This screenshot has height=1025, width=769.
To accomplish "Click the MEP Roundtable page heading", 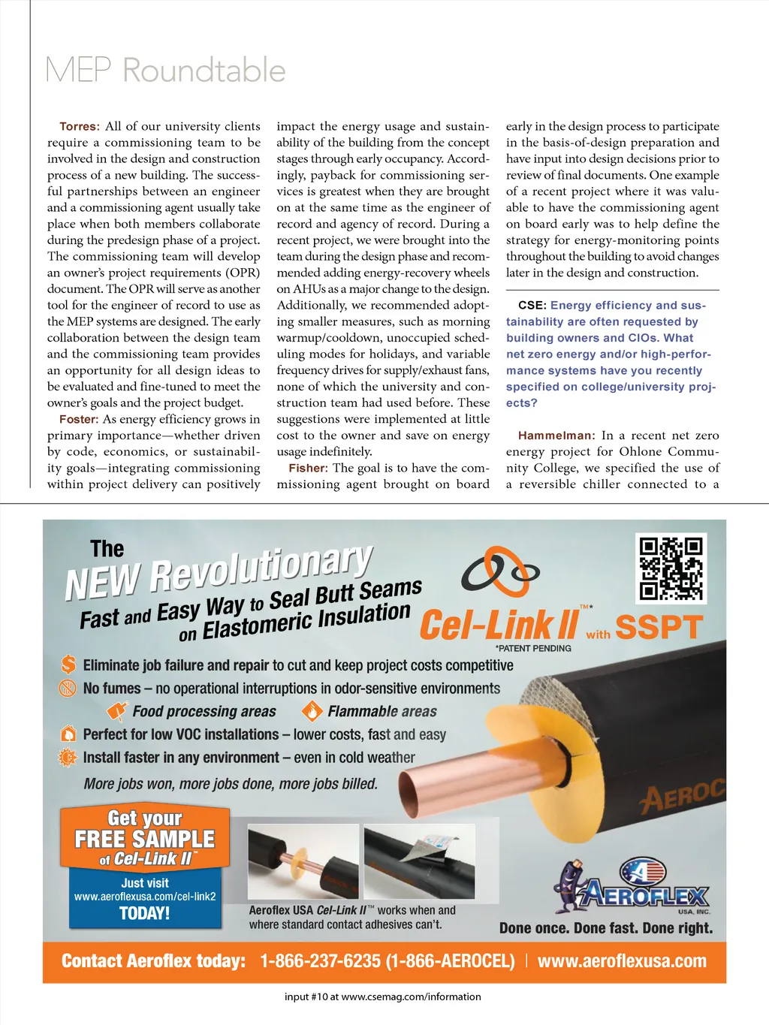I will [x=165, y=71].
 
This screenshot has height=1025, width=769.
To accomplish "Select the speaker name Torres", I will [x=79, y=127].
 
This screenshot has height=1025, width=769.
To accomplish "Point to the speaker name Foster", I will [x=79, y=420].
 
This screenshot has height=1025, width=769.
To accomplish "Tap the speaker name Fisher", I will [x=308, y=469].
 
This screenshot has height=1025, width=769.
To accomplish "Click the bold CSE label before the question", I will [x=532, y=306].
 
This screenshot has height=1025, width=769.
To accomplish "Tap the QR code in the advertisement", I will [x=671, y=568].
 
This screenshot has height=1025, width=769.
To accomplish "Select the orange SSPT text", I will [x=659, y=628].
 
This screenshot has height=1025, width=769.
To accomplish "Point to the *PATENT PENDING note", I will [x=533, y=648].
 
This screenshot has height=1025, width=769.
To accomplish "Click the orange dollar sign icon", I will [x=68, y=665].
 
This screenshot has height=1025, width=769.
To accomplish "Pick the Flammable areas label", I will [x=381, y=711].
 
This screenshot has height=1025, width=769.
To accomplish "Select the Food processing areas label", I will [x=204, y=711].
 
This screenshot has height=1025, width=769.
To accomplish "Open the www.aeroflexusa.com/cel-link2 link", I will [x=145, y=897].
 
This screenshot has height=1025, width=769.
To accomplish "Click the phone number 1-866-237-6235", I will [x=320, y=961].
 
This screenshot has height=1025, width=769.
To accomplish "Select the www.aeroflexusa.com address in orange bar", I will [x=622, y=961].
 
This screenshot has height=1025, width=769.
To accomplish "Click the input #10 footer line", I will [x=383, y=997].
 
